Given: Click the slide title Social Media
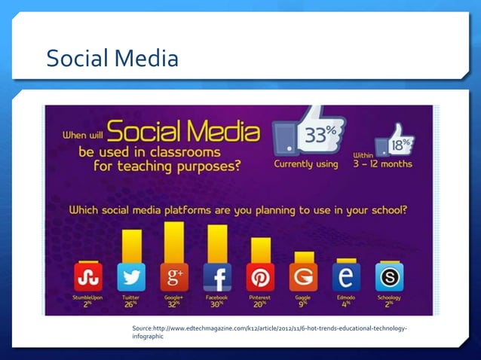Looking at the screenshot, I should coord(112,58).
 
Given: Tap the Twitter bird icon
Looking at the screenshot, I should coord(131,277).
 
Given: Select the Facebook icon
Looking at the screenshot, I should coord(217,277).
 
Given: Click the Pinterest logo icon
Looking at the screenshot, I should coord(260,277).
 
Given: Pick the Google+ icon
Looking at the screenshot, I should coord(174,277).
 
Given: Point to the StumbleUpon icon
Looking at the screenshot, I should coord(88,277).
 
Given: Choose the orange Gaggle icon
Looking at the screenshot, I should coord(303,277).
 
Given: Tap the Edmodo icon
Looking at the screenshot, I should coord(346,277).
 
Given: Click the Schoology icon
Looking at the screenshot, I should coord(389,277).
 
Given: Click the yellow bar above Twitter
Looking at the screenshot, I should coord(131,246).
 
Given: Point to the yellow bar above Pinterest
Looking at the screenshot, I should coord(260,249).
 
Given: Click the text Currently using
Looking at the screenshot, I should coord(306,164).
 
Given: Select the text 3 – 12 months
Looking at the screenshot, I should coord(382,164).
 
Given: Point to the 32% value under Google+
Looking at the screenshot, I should coord(174,304).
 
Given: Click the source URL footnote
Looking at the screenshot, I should coord(269,332).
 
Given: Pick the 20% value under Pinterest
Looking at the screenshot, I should coord(260,304).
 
